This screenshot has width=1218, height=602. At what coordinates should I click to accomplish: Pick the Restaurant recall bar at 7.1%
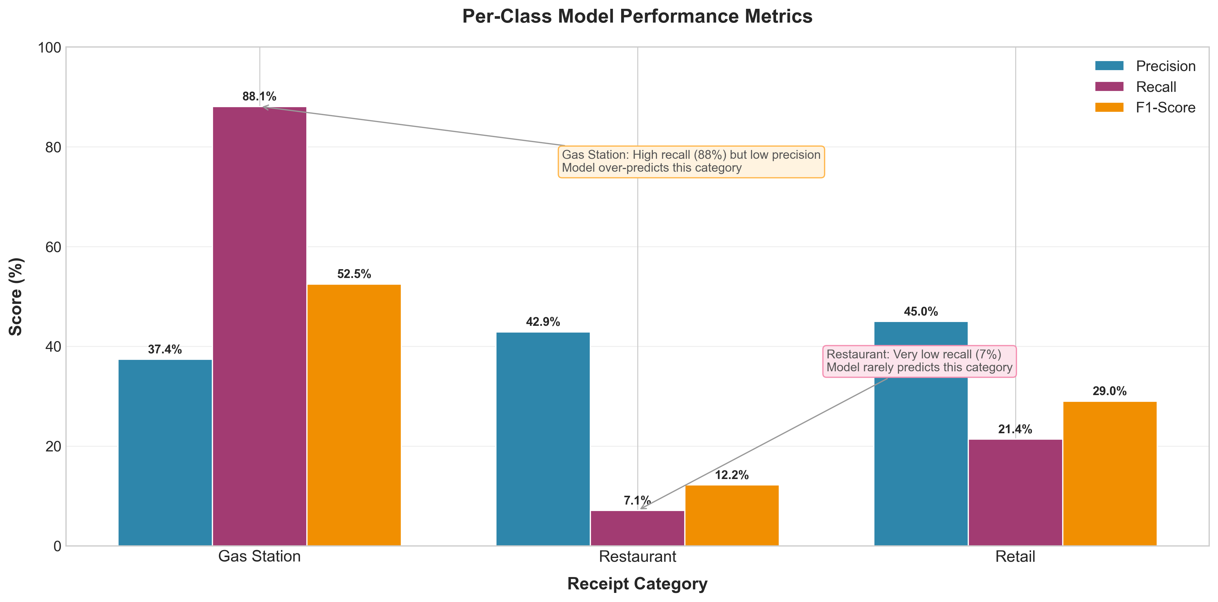click(x=637, y=528)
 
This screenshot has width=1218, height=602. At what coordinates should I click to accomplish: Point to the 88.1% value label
click(x=259, y=97)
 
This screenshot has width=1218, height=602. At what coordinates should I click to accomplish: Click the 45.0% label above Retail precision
click(x=920, y=312)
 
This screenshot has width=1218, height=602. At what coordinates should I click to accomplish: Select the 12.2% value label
click(x=732, y=475)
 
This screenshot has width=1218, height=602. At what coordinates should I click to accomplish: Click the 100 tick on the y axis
click(x=49, y=47)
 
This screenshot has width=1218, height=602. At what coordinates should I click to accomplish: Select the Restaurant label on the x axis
click(x=637, y=557)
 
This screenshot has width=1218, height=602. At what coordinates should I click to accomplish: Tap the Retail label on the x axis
click(x=1015, y=557)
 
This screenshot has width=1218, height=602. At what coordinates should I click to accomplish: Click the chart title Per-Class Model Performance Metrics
click(x=637, y=16)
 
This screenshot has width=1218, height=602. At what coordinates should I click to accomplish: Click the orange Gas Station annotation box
click(x=691, y=162)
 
